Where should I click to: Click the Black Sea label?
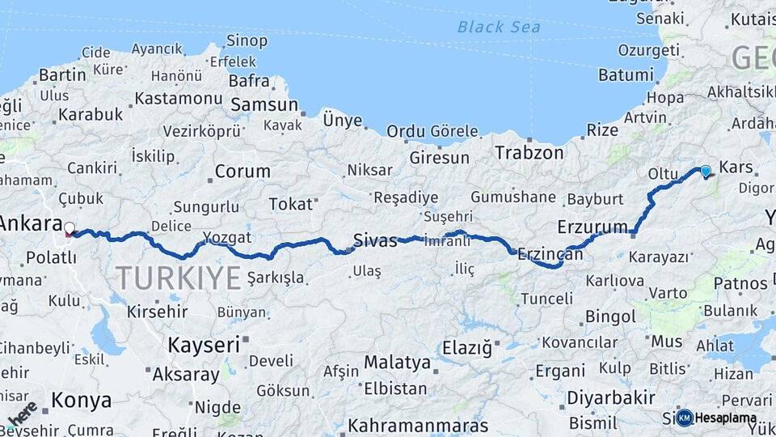tap(498, 27)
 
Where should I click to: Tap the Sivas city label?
tap(375, 239)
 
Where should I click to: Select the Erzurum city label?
tap(593, 226)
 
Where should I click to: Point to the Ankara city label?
tap(31, 223)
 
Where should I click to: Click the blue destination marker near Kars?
tap(706, 171)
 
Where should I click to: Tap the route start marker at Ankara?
tap(70, 230)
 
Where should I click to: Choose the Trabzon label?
tap(529, 152)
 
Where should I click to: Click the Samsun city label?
tap(264, 105)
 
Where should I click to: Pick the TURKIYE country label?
tap(179, 278)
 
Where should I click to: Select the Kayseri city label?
tap(204, 345)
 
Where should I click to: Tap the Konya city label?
tap(81, 400)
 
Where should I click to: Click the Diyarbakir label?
tap(610, 397)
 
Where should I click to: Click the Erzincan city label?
tap(550, 253)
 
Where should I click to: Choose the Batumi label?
tap(625, 74)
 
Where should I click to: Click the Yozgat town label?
tap(227, 237)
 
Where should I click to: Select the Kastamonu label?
tap(178, 98)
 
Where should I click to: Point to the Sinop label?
tap(247, 40)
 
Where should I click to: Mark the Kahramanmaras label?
tap(418, 425)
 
